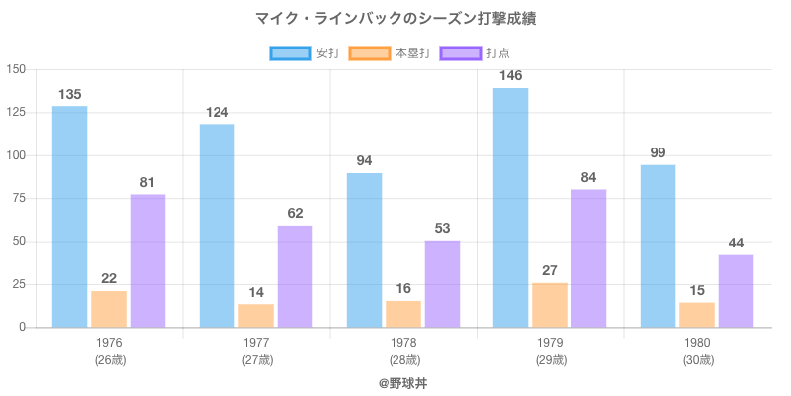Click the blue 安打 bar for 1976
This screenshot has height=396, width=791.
(x=69, y=217)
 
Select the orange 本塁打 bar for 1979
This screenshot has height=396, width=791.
(x=550, y=305)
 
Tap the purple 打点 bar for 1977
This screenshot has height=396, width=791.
(x=295, y=276)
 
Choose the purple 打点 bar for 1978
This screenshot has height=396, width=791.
(x=442, y=283)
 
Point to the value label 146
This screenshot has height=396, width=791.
(x=510, y=75)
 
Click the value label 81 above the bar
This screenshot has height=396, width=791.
(x=147, y=182)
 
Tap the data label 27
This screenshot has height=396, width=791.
(x=550, y=270)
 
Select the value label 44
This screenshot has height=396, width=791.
(x=736, y=243)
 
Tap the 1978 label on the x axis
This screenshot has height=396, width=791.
(x=404, y=343)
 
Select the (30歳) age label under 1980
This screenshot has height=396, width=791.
(x=698, y=360)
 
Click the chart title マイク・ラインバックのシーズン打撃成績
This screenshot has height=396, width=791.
(x=395, y=19)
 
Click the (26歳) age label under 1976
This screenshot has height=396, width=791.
(x=110, y=360)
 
